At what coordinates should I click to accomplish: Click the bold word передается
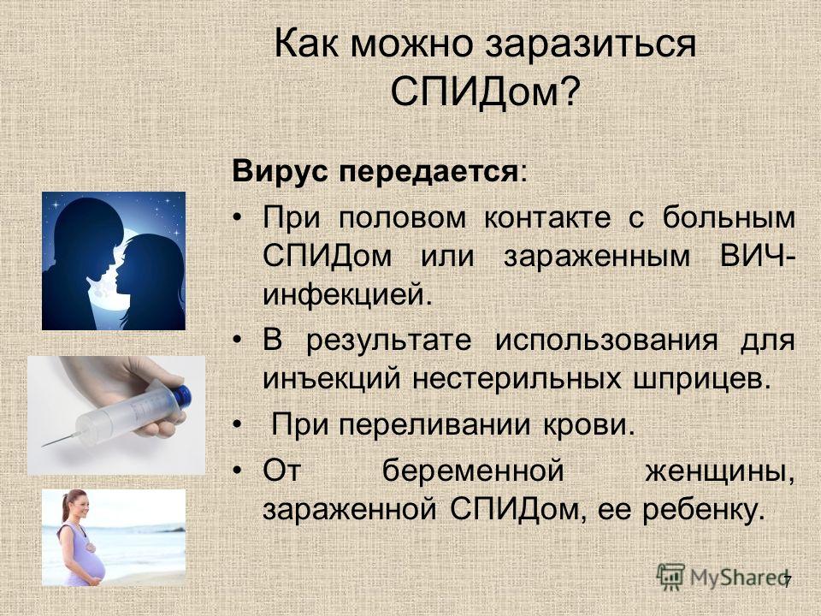point(428,171)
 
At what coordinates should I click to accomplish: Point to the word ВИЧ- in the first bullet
point(758,256)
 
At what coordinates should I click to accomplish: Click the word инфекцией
point(348,295)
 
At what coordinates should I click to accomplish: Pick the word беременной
point(473,471)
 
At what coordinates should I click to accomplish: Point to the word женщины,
point(719,471)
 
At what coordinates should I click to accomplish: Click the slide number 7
point(787,582)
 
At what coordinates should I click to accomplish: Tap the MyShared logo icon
point(670,577)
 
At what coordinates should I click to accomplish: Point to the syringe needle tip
point(43,446)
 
